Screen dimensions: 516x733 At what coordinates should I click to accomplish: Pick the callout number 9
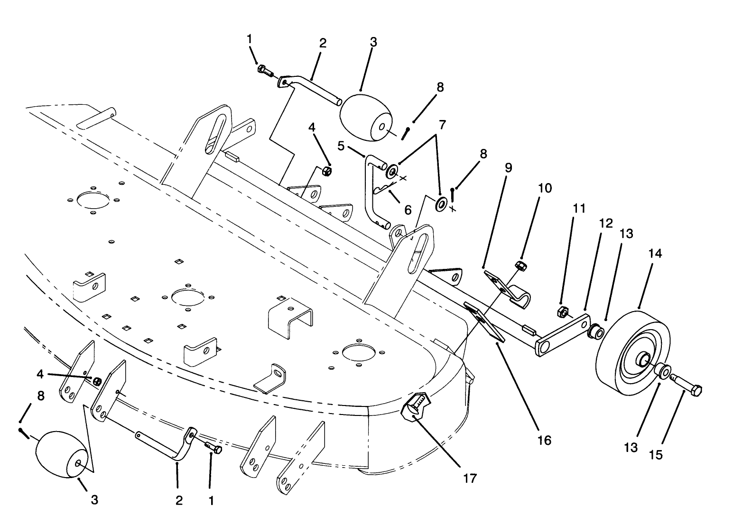click(x=508, y=167)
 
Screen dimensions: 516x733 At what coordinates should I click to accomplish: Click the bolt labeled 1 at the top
click(x=265, y=71)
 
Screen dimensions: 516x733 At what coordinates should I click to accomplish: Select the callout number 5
click(x=341, y=145)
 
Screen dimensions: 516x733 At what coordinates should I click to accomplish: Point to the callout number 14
click(x=656, y=254)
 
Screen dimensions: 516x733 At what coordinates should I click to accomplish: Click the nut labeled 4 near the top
click(x=326, y=170)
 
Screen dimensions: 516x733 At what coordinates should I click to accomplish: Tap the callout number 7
click(x=442, y=126)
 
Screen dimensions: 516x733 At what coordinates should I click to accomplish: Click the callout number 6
click(x=408, y=209)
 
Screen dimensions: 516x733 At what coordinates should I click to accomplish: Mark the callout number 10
click(x=545, y=188)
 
